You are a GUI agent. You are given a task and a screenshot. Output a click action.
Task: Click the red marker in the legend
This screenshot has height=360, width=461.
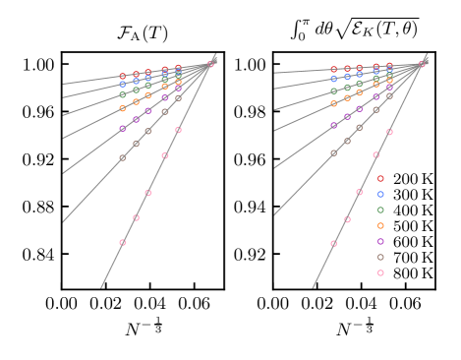coord(380,179)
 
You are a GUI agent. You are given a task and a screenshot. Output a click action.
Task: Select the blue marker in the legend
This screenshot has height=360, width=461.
coord(380,195)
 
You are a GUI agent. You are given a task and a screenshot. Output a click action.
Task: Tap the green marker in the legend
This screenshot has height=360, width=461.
coord(380,210)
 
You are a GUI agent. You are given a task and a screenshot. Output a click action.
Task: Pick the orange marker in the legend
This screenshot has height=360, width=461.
coord(380,226)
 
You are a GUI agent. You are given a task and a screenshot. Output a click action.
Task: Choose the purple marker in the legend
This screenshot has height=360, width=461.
coord(380,242)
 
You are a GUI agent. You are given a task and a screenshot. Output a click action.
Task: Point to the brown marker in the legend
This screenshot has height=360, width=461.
coord(380,258)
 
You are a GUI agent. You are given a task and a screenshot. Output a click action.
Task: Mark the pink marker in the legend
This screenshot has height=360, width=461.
coord(380,273)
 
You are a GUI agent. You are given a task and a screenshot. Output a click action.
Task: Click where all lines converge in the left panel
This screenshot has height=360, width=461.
coord(211,63)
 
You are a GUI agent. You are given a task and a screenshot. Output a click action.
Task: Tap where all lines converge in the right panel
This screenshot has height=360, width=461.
coord(424,63)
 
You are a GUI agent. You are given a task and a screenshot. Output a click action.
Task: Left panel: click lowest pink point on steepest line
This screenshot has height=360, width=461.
coord(123,243)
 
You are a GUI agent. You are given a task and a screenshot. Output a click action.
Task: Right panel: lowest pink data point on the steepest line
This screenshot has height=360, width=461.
coord(334,243)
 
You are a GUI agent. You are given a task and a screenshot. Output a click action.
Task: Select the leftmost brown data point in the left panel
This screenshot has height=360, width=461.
coord(123,157)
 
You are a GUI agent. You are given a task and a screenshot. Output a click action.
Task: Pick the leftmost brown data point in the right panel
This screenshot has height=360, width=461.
coord(334,152)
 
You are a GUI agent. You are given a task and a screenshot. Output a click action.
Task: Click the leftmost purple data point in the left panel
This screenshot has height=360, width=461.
coord(123,128)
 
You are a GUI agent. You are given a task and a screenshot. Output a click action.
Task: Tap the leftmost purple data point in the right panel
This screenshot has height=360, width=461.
coord(334,125)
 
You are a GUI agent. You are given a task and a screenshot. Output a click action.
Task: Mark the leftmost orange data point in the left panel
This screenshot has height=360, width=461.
coord(123,108)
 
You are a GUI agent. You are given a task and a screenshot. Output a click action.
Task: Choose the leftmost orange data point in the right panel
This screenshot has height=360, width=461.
coord(334,103)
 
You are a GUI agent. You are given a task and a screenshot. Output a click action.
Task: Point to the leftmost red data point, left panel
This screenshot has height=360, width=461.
coord(123,76)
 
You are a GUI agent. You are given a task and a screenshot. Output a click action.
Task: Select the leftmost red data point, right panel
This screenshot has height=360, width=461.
coord(334,70)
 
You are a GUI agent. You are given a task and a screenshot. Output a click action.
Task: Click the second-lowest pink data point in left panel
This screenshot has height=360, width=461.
coord(136,218)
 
